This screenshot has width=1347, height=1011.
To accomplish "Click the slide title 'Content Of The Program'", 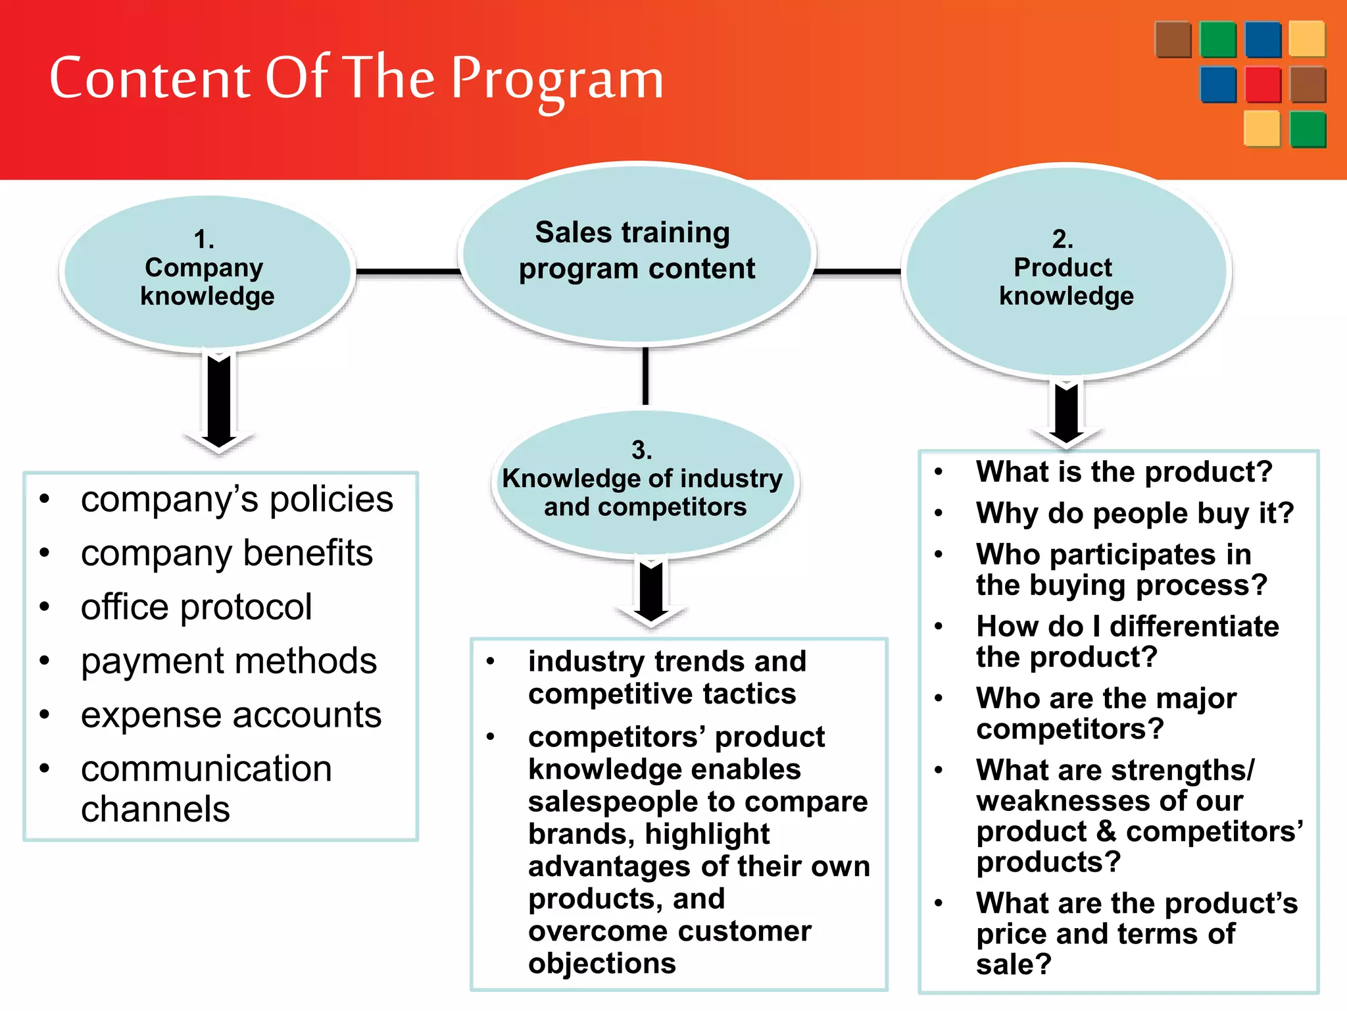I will click(356, 79).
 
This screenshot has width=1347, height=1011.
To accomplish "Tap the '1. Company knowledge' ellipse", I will click(207, 270).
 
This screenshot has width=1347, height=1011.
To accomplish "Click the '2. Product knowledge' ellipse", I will click(1065, 270).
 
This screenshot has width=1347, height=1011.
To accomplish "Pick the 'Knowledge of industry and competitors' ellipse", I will click(643, 484).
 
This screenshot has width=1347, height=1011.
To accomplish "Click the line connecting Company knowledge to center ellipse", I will click(408, 271).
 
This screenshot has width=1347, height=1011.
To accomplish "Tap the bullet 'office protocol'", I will click(196, 607).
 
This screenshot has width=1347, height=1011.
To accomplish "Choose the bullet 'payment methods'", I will click(228, 661).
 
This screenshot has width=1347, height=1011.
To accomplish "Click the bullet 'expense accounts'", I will click(231, 715).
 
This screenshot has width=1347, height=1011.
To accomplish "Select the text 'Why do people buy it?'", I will click(1135, 513).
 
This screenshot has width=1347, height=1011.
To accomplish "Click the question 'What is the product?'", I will click(1124, 472).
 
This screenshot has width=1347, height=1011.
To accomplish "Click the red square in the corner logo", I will click(1263, 85).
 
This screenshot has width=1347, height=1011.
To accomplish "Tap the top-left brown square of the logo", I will click(1173, 39).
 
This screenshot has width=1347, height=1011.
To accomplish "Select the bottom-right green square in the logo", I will click(1308, 129).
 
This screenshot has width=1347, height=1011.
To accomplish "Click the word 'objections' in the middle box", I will click(602, 964).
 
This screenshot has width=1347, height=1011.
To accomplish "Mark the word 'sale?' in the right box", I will click(1014, 965).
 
